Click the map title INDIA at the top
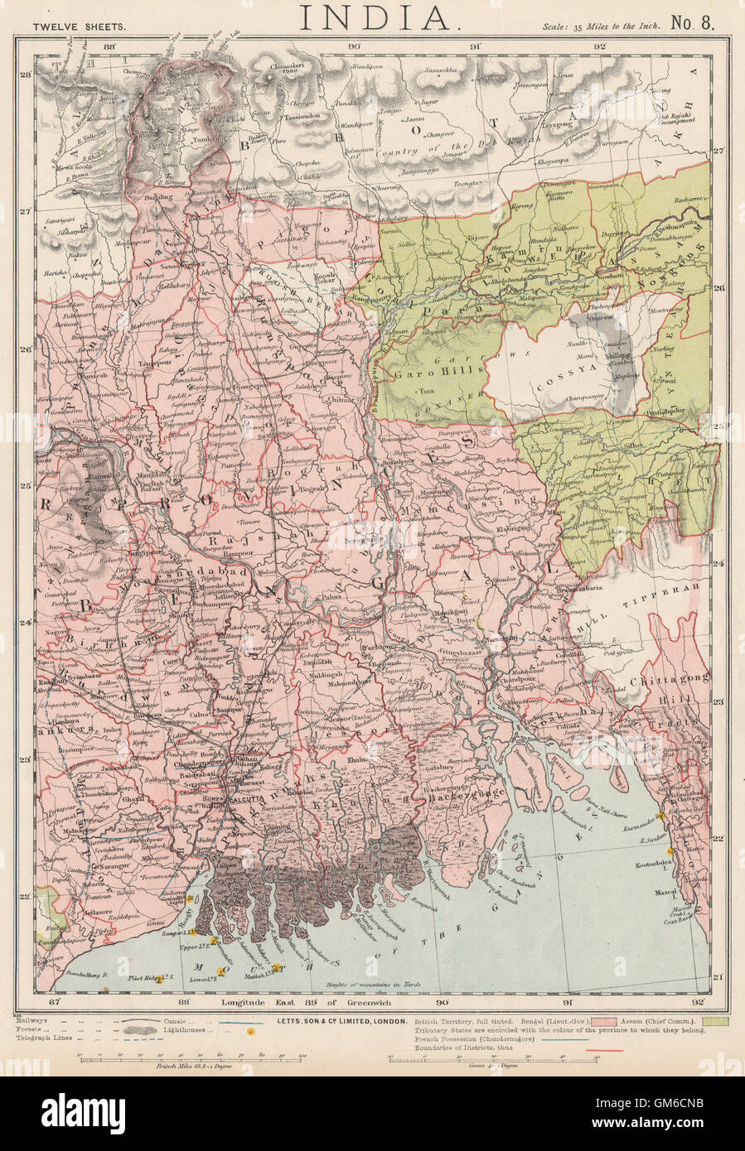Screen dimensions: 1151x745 pyautogui.click(x=372, y=18)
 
